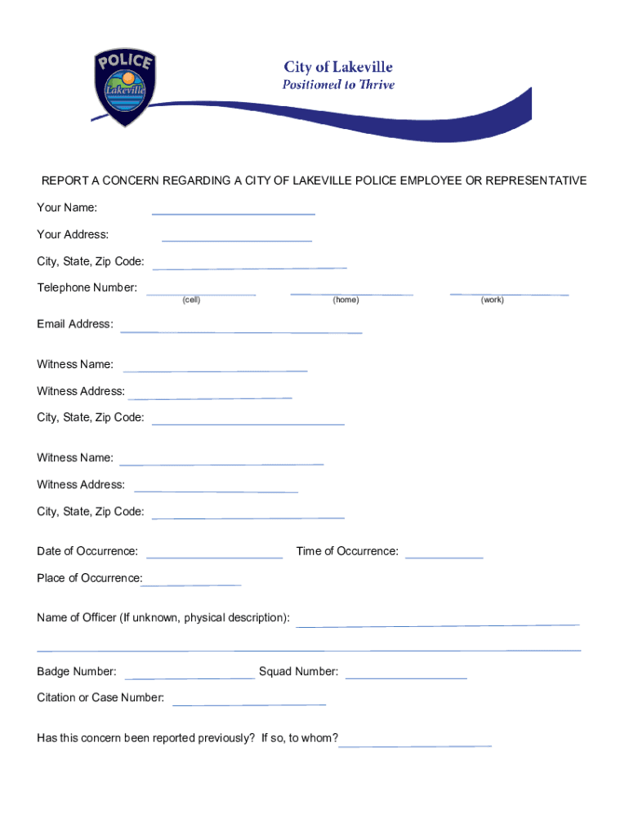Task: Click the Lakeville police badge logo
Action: [124, 88]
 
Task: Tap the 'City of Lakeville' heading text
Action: [338, 67]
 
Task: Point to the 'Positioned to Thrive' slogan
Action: [338, 85]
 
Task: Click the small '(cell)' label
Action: [191, 300]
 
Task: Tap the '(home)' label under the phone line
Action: [346, 300]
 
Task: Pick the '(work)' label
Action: [493, 300]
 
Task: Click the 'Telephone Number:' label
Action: [87, 288]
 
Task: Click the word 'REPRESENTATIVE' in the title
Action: [536, 180]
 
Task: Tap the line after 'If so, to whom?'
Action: [415, 744]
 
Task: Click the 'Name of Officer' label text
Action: [163, 618]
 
